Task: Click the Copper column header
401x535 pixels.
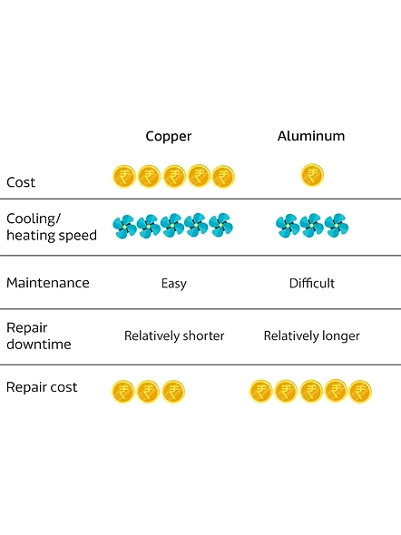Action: click(169, 137)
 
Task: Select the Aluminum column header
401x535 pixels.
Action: click(311, 136)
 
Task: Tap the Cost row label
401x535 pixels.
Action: click(21, 182)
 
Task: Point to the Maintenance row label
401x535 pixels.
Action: click(48, 283)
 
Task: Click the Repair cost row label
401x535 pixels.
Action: click(42, 387)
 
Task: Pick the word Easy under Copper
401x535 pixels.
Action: click(174, 284)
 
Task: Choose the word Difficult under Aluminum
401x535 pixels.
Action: click(312, 283)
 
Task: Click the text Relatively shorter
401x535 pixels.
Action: click(174, 336)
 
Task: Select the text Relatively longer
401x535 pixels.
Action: click(311, 336)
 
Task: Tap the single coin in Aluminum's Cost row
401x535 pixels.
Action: click(312, 175)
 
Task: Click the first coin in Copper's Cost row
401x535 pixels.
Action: click(124, 177)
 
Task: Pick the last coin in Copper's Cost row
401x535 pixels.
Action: click(223, 177)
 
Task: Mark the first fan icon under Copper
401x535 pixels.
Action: click(124, 226)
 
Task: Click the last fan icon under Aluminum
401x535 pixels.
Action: click(337, 226)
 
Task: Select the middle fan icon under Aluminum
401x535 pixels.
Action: click(311, 226)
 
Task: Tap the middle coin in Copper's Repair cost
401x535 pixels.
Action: click(148, 392)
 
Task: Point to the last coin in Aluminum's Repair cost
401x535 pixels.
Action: click(360, 392)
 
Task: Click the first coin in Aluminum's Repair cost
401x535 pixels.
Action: click(260, 392)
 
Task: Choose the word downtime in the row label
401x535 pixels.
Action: click(39, 345)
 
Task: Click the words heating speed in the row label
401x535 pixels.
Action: click(52, 236)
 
